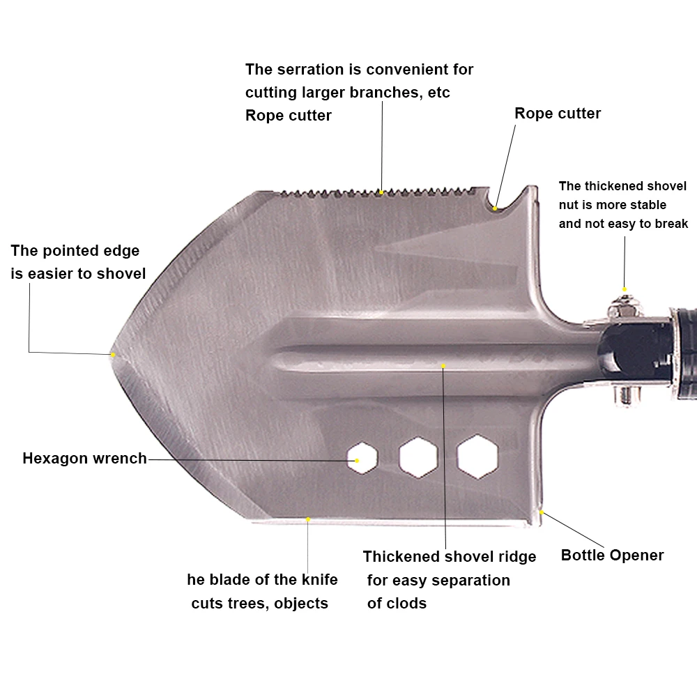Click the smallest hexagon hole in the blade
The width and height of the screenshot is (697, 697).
[362, 458]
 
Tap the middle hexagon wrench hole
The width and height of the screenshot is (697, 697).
[418, 457]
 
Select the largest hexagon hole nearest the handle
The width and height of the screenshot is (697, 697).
[477, 457]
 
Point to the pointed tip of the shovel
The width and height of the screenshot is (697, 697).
[112, 354]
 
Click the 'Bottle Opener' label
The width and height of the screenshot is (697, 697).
[612, 556]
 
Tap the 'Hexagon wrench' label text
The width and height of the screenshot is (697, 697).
[84, 459]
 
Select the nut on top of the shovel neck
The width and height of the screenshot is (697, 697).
[625, 307]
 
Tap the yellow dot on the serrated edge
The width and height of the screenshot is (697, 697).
[381, 192]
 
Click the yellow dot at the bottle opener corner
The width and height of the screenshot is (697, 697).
[542, 512]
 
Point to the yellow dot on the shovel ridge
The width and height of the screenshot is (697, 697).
[443, 366]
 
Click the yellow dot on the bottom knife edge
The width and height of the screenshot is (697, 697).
[307, 519]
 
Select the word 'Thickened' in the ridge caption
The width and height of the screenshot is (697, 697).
[401, 556]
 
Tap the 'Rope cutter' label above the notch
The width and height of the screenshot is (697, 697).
[558, 114]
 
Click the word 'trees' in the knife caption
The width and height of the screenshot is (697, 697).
[247, 603]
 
